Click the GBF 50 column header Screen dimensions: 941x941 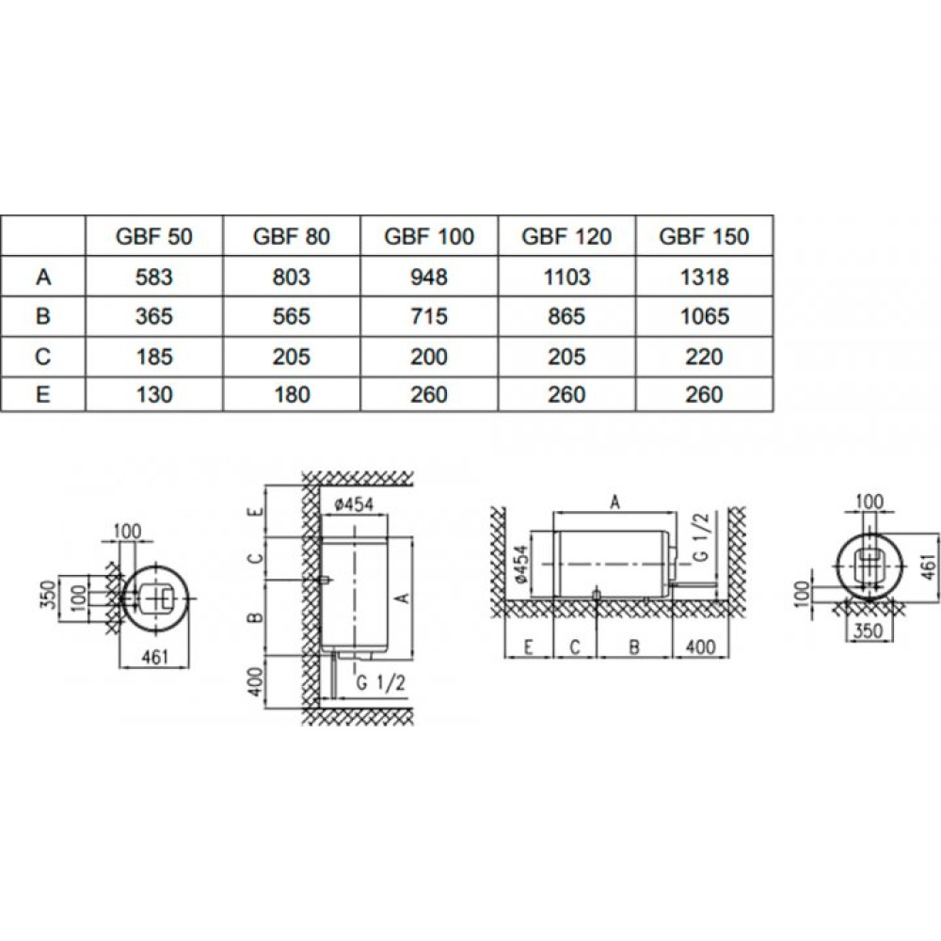tap(154, 236)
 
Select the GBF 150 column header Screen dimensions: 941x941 tap(704, 236)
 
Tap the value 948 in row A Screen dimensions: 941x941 tap(429, 277)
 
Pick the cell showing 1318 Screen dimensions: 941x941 tap(704, 277)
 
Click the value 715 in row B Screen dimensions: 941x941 tap(429, 316)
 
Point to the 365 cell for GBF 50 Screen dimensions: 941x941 tap(154, 316)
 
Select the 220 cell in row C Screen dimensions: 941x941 tap(704, 357)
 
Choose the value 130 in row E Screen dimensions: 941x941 tap(154, 394)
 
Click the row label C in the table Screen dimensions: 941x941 tap(43, 357)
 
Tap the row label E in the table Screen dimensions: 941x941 tap(43, 394)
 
